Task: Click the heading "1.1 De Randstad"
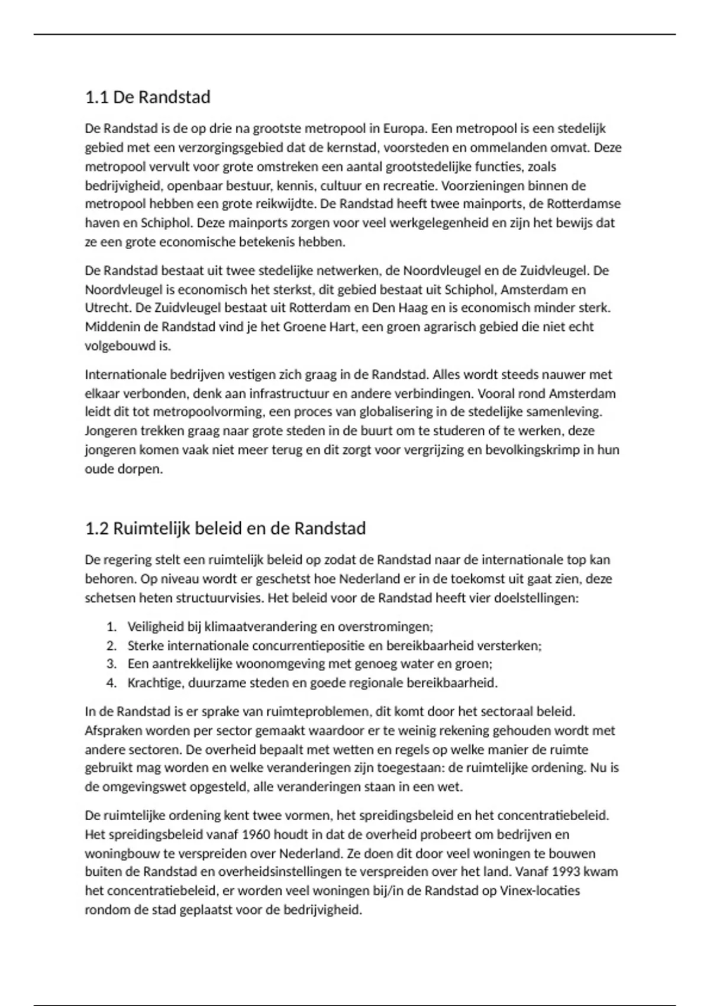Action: coord(148,97)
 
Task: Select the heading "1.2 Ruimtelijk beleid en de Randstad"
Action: coord(225,528)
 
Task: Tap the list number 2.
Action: coord(111,646)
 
